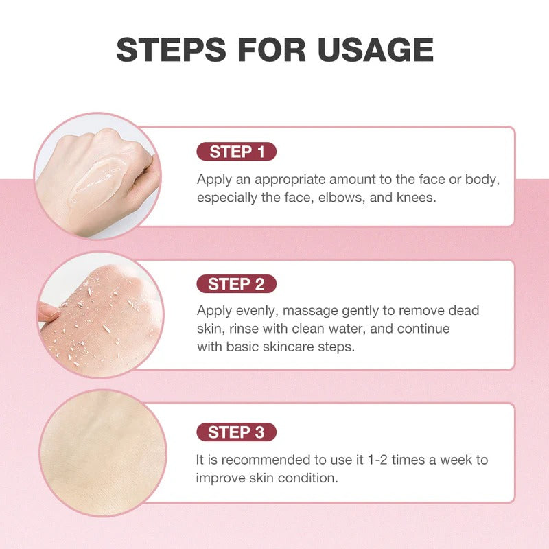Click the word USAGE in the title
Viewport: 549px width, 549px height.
pyautogui.click(x=375, y=49)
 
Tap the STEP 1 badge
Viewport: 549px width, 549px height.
pyautogui.click(x=237, y=152)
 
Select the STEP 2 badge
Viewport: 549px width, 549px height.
pyautogui.click(x=237, y=284)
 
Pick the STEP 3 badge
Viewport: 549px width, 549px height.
pyautogui.click(x=237, y=432)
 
